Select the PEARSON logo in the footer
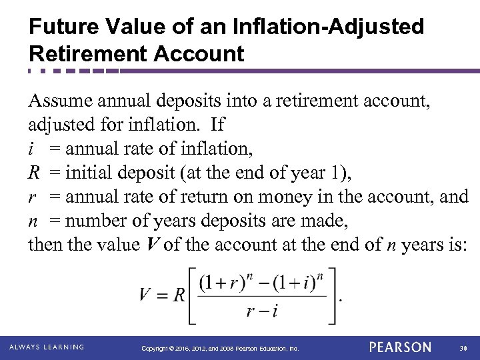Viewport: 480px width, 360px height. pyautogui.click(x=399, y=347)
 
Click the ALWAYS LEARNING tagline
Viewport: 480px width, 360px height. pyautogui.click(x=47, y=347)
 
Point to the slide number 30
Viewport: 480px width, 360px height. pyautogui.click(x=463, y=348)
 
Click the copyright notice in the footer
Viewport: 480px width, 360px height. pyautogui.click(x=221, y=348)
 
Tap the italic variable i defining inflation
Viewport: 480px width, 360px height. pyautogui.click(x=31, y=149)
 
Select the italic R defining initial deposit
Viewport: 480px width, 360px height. pyautogui.click(x=34, y=173)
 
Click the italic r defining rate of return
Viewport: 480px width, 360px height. pyautogui.click(x=31, y=197)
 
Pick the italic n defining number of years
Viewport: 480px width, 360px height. pyautogui.click(x=32, y=220)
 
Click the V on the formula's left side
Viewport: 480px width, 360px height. pyautogui.click(x=148, y=294)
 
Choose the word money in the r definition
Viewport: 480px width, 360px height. pyautogui.click(x=320, y=197)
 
